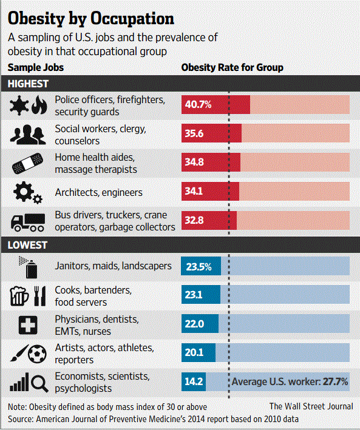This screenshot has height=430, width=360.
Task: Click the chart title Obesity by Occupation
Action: point(91,16)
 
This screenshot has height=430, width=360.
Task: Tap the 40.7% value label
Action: point(198,104)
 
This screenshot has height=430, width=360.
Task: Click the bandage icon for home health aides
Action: point(28,164)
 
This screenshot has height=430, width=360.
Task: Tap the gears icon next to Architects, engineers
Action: point(28,193)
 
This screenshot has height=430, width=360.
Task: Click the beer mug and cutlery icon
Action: point(28,296)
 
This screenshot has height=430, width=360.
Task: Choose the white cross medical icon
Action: point(28,324)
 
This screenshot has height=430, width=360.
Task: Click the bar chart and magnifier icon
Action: point(28,383)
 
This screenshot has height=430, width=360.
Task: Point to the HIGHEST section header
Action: point(29,83)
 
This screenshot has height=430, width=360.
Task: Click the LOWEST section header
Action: point(27,246)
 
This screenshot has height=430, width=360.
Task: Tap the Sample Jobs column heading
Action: point(36,67)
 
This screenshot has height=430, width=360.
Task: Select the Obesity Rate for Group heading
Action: point(232,67)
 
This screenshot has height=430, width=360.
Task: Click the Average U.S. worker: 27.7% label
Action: point(290,382)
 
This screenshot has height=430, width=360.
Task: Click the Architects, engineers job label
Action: point(98,192)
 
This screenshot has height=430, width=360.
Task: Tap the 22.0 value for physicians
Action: point(195,324)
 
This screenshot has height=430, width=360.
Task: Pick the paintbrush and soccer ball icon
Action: point(28,353)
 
